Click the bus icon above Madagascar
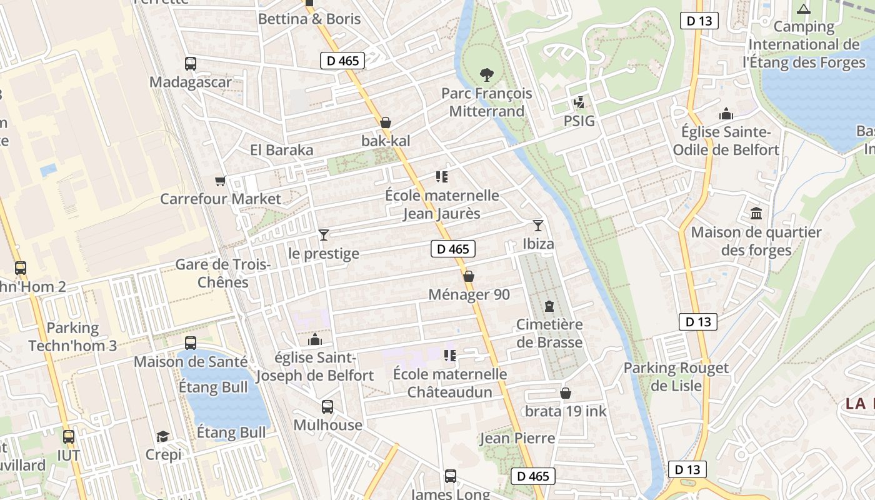click(191, 63)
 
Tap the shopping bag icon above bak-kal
click(386, 122)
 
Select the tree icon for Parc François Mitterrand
click(486, 75)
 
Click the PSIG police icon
click(579, 102)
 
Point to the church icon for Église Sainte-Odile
click(726, 114)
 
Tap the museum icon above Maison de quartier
click(756, 214)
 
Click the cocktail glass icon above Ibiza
click(537, 225)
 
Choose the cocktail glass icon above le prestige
click(323, 235)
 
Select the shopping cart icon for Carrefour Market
click(220, 181)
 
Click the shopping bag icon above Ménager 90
click(469, 276)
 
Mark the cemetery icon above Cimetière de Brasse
click(549, 306)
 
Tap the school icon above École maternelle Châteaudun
click(449, 356)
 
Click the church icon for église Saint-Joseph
click(315, 339)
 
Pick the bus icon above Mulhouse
click(327, 407)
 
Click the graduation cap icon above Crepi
click(162, 436)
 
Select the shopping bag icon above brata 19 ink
click(566, 393)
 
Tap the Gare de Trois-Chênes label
click(222, 273)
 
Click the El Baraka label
click(281, 150)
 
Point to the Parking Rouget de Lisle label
click(676, 377)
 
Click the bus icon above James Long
click(450, 476)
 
